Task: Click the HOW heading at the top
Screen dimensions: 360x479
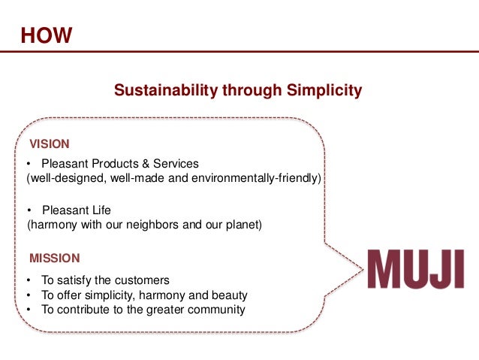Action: click(x=46, y=35)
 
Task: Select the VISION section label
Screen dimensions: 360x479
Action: click(x=49, y=144)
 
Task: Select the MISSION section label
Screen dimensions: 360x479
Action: click(x=54, y=259)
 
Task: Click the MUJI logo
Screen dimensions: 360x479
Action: click(x=415, y=269)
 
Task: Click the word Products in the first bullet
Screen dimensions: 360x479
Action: click(x=117, y=163)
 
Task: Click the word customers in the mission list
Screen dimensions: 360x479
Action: click(x=143, y=280)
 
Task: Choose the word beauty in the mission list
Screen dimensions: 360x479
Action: click(x=230, y=295)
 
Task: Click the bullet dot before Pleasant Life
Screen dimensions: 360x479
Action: click(x=29, y=210)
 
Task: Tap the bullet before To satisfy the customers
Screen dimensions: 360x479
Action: click(x=29, y=280)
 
